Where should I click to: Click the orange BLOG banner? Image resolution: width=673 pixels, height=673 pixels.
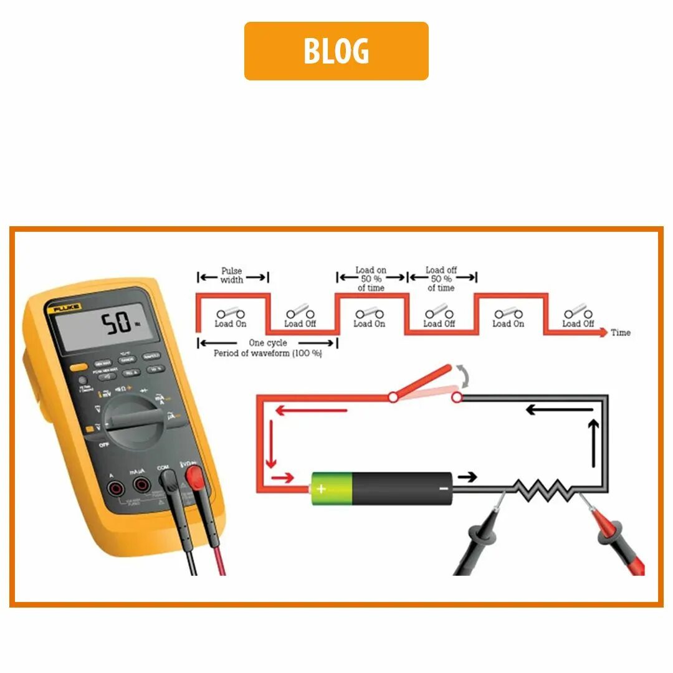pos(336,51)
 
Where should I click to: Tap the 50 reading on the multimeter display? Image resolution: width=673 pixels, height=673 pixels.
pos(117,323)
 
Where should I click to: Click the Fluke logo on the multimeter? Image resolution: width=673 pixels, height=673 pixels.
pos(63,308)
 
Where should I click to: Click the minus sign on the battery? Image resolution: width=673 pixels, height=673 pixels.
pos(443,488)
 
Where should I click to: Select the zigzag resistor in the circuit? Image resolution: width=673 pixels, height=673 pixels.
pos(542,490)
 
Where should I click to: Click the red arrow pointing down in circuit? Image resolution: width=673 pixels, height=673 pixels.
pos(270,444)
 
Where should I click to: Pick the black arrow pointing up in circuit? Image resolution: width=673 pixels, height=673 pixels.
pos(594,443)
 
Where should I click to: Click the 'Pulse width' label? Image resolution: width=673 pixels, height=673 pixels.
pos(232,275)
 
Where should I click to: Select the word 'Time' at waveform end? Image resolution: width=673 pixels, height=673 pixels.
pos(621,333)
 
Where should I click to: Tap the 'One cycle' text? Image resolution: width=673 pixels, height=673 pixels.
pos(268,343)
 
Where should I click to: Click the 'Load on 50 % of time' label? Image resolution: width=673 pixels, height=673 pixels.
pos(371,279)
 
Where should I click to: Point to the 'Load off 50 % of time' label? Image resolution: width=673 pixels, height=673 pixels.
pos(441,279)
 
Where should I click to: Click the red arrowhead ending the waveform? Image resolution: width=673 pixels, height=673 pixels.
pos(603,333)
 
